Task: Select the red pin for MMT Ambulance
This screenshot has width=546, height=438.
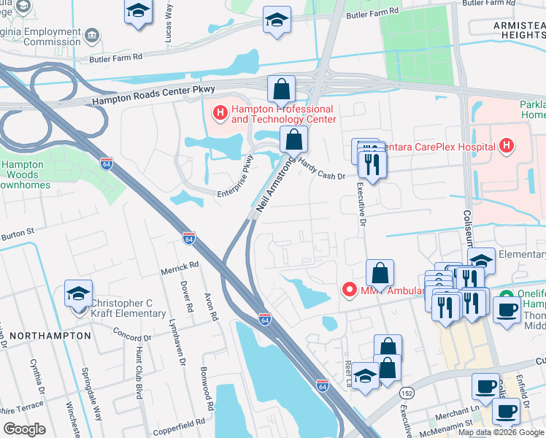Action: click(349, 290)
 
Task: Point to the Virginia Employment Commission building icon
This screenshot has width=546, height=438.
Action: click(92, 35)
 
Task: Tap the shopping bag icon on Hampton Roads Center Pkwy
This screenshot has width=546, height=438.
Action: click(281, 91)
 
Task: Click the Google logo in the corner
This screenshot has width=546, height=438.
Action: click(25, 429)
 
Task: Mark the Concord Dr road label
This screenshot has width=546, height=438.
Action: click(132, 334)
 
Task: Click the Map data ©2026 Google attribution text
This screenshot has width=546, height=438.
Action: click(500, 432)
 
